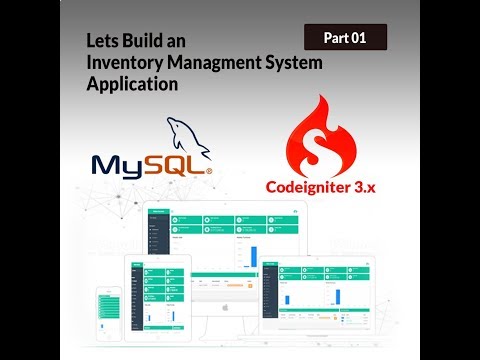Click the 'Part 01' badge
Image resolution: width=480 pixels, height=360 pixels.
[x=345, y=38]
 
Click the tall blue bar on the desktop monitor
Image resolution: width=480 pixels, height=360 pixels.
[x=253, y=257]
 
